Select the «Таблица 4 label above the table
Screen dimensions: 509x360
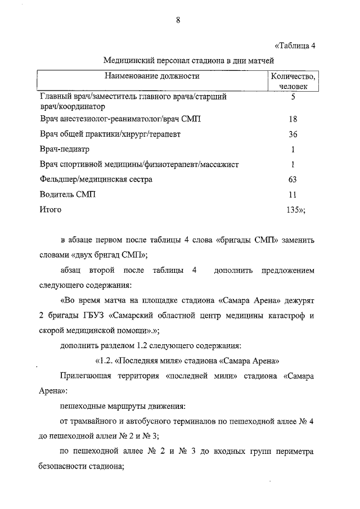pos(295,46)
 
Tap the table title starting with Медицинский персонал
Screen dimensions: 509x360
pos(188,60)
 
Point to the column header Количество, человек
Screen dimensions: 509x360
pos(292,81)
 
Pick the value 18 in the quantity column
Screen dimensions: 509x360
pos(292,120)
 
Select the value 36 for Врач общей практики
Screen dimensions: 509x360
pos(292,134)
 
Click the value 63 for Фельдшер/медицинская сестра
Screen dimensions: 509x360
pos(292,179)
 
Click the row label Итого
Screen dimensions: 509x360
pos(51,209)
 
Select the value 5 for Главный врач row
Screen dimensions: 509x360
pos(293,97)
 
